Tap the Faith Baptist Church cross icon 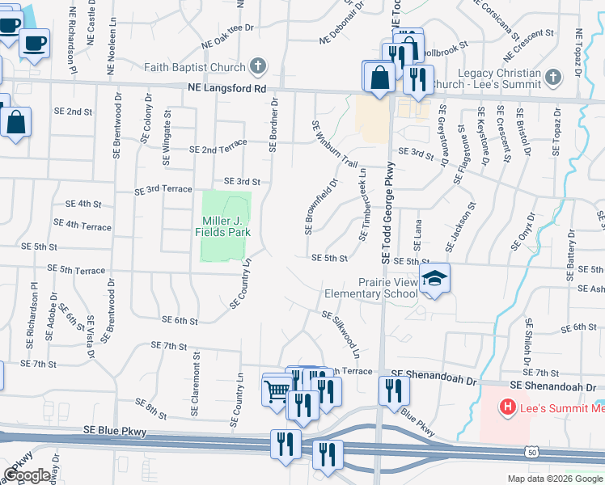click(258, 66)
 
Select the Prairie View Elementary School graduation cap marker click(434, 280)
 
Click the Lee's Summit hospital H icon click(508, 407)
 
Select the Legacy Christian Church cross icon click(553, 78)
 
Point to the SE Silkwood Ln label click(340, 334)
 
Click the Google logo click(27, 475)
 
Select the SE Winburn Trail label click(334, 142)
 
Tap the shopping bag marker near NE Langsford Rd click(379, 78)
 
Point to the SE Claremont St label click(195, 389)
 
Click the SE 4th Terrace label click(82, 225)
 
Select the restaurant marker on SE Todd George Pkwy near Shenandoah click(394, 391)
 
